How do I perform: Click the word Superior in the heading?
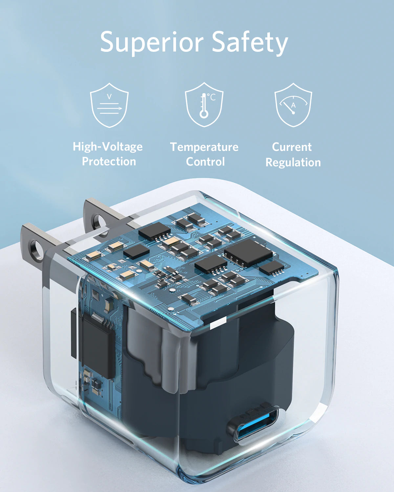pyautogui.click(x=152, y=42)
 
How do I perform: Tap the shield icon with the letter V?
pyautogui.click(x=109, y=105)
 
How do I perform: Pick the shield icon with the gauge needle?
pyautogui.click(x=293, y=105)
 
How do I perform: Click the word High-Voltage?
pyautogui.click(x=108, y=147)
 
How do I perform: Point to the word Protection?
pyautogui.click(x=109, y=161)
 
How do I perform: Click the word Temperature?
pyautogui.click(x=204, y=147)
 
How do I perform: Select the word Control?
pyautogui.click(x=205, y=162)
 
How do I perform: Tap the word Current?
pyautogui.click(x=292, y=147)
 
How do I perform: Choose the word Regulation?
pyautogui.click(x=293, y=162)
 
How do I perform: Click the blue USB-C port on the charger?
pyautogui.click(x=253, y=425)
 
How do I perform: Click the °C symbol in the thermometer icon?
pyautogui.click(x=212, y=97)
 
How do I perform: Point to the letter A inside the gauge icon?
pyautogui.click(x=293, y=106)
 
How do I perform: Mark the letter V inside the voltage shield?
pyautogui.click(x=109, y=96)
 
